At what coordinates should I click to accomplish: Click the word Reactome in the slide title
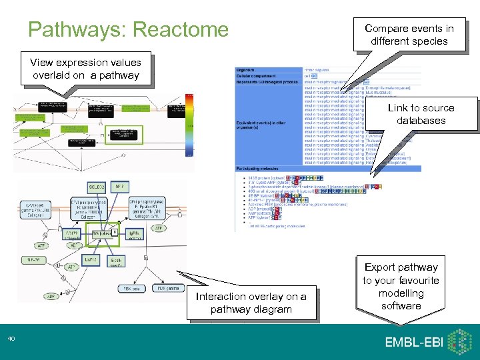[x=181, y=29]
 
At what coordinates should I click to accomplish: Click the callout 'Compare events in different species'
[x=409, y=35]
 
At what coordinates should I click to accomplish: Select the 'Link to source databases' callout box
[x=421, y=114]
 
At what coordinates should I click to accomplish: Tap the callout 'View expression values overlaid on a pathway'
[x=85, y=69]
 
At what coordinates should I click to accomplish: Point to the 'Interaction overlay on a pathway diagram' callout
[x=251, y=303]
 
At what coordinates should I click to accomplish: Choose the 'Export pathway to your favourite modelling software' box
[x=401, y=287]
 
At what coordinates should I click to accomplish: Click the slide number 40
[x=11, y=340]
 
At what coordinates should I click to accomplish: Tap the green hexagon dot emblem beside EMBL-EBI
[x=459, y=341]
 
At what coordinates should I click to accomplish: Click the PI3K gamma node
[x=169, y=288]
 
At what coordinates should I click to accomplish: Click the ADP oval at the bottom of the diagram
[x=52, y=296]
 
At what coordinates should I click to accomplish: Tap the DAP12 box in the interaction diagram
[x=91, y=258]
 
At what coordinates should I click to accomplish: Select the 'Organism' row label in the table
[x=247, y=69]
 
